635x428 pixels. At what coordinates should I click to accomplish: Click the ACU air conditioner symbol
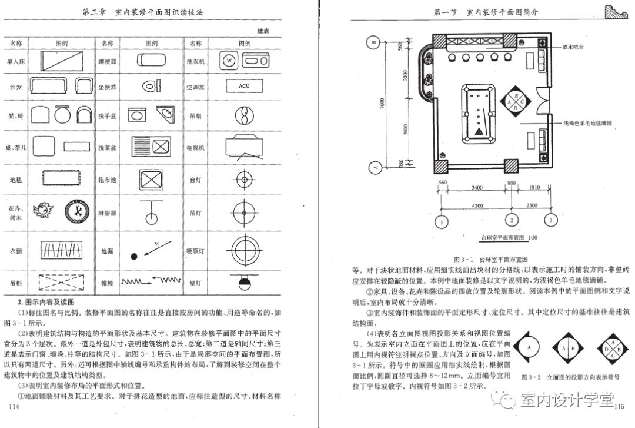(244, 87)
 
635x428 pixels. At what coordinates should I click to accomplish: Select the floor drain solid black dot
(134, 256)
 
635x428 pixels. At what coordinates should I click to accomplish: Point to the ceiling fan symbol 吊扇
(244, 116)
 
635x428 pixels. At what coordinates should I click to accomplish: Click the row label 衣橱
(16, 250)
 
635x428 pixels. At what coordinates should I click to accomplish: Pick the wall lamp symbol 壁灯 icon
(244, 283)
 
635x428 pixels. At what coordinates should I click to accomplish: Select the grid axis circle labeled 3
(551, 221)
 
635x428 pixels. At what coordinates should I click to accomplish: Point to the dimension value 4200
(477, 205)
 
